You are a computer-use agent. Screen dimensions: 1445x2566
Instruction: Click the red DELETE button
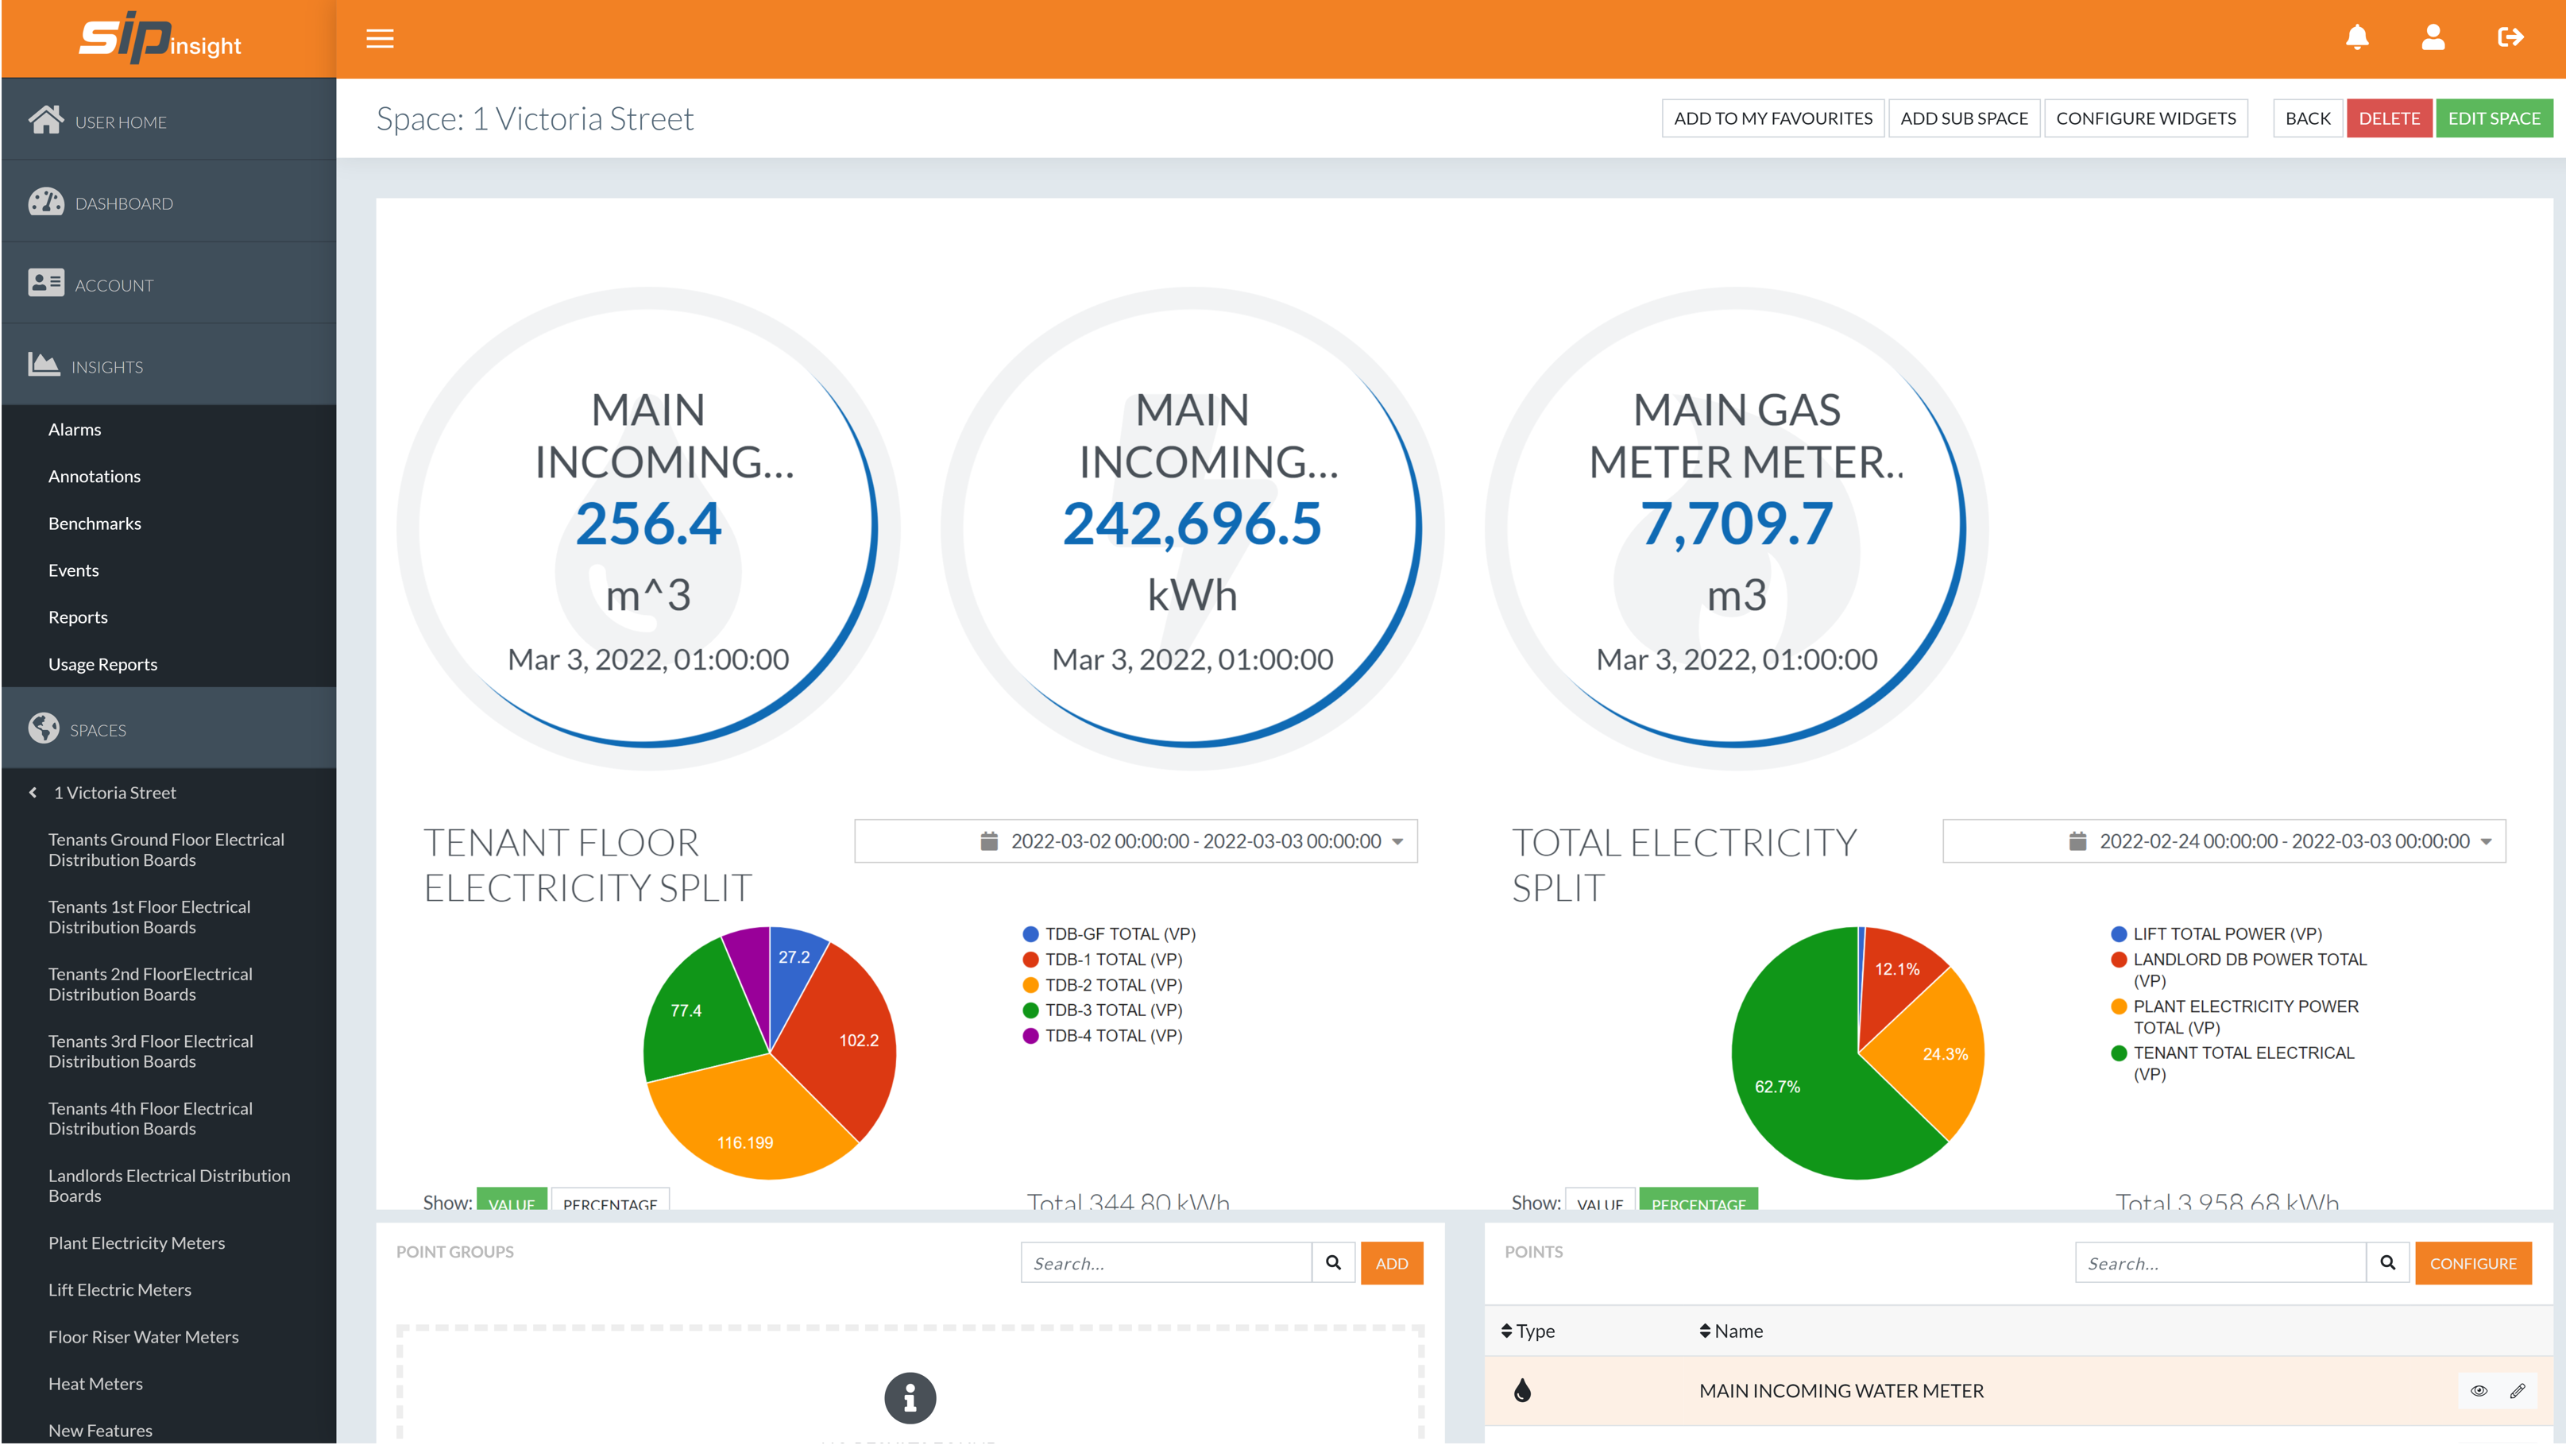(2388, 118)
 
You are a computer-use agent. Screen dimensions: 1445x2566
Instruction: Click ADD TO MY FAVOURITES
(1772, 118)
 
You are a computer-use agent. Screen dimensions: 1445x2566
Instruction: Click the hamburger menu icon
(380, 39)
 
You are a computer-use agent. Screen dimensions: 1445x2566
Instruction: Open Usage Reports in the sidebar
(102, 664)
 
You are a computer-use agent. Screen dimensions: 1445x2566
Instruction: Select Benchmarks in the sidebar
(95, 524)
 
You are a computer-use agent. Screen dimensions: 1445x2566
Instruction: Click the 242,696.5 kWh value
(1192, 524)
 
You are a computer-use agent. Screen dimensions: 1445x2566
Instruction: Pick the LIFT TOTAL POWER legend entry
(2225, 934)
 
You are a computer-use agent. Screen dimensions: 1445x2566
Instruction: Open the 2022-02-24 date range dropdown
(2224, 841)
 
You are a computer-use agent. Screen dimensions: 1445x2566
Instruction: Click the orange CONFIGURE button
(2471, 1264)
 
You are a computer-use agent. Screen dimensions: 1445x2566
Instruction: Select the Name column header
(1737, 1331)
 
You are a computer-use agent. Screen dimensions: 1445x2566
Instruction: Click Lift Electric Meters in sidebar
(119, 1289)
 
